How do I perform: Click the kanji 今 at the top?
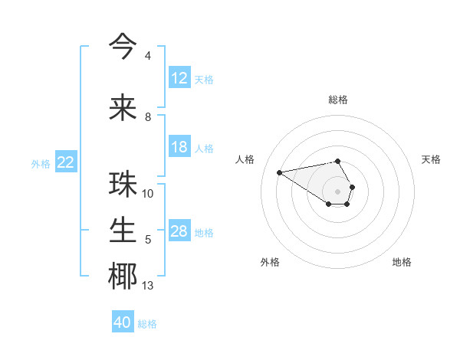coord(123,45)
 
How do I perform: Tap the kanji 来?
coord(123,106)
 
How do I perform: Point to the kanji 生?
coord(123,230)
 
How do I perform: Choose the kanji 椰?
coord(123,276)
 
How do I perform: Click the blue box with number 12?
coord(179,78)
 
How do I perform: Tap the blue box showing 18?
coord(179,147)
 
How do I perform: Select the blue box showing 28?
coord(179,231)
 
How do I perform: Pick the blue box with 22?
coord(66,162)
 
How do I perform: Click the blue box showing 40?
coord(123,322)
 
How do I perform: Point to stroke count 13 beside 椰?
coord(148,286)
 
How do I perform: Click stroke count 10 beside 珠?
coord(148,194)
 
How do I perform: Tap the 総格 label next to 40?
coord(147,324)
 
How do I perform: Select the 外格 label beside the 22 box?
coord(41,163)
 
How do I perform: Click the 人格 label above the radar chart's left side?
coord(245,159)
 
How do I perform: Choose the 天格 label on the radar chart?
coord(432,159)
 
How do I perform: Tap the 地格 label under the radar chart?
coord(402,263)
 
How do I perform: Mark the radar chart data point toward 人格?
coord(280,172)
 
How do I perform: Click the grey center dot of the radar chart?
coord(337,191)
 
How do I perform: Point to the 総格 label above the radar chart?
coord(338,100)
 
